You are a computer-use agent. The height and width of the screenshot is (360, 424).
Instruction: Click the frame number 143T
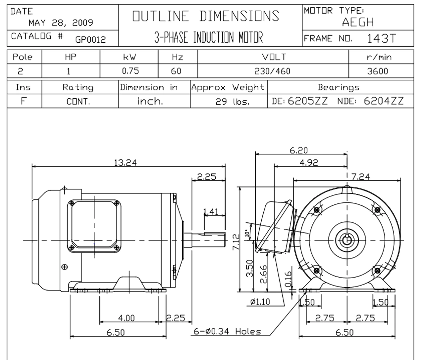[x=381, y=39]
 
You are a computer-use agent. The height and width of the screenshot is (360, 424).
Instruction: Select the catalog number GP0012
[x=90, y=40]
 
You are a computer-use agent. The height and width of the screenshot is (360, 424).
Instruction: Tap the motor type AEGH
[x=358, y=22]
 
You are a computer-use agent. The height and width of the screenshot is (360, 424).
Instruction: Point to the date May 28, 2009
[x=61, y=23]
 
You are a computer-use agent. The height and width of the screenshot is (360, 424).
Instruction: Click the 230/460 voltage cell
[x=272, y=71]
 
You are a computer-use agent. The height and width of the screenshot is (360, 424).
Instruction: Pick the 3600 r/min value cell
[x=377, y=71]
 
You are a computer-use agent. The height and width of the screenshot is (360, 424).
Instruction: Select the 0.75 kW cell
[x=130, y=71]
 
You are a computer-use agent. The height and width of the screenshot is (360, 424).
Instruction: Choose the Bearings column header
[x=338, y=87]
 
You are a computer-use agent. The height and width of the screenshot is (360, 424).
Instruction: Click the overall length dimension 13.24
[x=125, y=162]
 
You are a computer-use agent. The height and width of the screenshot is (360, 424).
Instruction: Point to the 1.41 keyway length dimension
[x=211, y=211]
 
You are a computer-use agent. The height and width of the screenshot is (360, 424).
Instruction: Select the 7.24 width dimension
[x=360, y=177]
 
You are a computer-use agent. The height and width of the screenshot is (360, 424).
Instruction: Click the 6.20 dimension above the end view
[x=299, y=150]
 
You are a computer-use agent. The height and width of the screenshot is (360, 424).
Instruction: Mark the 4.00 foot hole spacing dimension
[x=127, y=318]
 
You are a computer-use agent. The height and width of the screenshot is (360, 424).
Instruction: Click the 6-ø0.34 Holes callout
[x=227, y=331]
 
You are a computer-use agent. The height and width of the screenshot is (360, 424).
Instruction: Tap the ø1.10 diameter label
[x=260, y=302]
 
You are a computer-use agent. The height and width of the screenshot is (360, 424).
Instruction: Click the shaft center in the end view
[x=347, y=240]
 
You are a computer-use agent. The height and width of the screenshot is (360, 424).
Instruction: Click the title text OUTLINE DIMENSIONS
[x=206, y=16]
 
